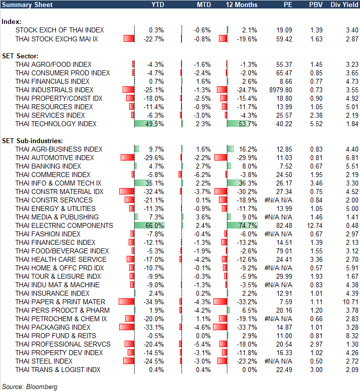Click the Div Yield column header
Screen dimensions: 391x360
345,4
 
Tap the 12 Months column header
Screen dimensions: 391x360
242,4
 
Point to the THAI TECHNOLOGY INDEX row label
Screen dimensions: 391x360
56,124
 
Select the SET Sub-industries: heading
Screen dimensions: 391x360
31,141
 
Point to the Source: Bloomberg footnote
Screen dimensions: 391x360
30,387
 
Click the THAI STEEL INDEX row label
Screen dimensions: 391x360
44,361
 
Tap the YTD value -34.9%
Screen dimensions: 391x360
155,302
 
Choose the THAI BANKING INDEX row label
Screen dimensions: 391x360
48,166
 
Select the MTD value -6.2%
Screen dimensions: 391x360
201,175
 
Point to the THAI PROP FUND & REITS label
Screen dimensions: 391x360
55,336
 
